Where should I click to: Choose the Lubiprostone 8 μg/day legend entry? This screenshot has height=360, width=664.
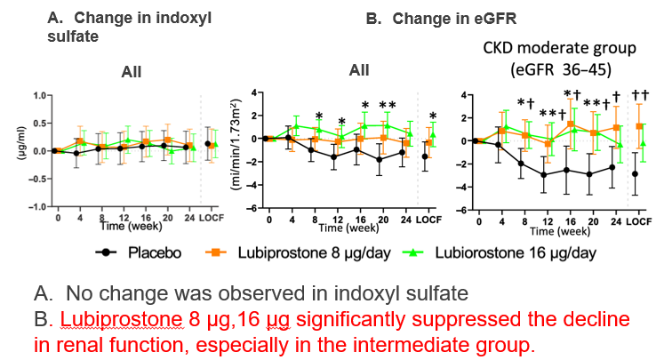(311, 252)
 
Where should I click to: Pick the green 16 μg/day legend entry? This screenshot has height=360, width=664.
(502, 252)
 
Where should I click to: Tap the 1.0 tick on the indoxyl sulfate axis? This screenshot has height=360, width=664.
(36, 95)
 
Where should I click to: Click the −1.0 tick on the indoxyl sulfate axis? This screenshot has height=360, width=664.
(35, 207)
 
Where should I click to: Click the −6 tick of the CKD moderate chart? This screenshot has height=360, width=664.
(464, 210)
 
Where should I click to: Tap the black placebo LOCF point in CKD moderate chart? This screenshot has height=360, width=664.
(633, 173)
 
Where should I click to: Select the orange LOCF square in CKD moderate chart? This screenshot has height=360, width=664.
(639, 127)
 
